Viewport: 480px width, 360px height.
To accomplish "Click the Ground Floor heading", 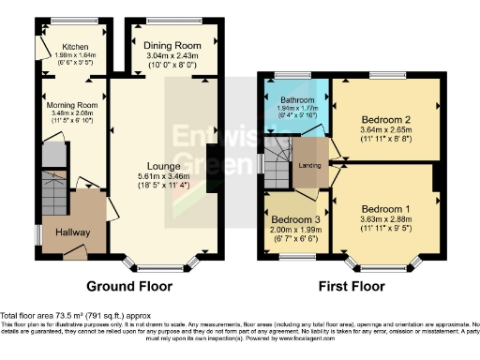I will (x=133, y=286).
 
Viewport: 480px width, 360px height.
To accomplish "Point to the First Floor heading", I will (x=353, y=286).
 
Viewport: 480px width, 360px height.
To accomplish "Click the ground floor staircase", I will (x=52, y=199).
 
